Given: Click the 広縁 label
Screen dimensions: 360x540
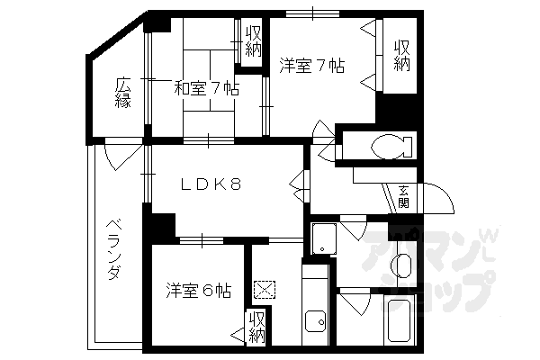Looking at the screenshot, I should pos(122,94).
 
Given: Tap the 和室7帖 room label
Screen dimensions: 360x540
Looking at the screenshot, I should pos(206,88).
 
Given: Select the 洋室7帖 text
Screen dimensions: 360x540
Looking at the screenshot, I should pos(310,65).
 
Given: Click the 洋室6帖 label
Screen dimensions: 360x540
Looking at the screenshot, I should pos(199,291).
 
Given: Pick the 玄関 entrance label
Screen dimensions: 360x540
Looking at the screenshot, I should pos(404,195).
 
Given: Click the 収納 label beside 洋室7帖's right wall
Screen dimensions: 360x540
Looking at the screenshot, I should pos(401,56).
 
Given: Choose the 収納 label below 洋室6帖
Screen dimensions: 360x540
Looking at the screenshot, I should pos(257,327).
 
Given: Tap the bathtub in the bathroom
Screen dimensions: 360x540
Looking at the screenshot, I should pos(398,324).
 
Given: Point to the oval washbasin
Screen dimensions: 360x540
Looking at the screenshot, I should pos(402,266).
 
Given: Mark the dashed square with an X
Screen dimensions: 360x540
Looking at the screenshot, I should pos(266,290).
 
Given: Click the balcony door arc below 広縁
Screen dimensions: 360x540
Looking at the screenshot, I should pos(116,159).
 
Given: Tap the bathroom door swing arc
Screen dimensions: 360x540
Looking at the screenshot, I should pos(353,302).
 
